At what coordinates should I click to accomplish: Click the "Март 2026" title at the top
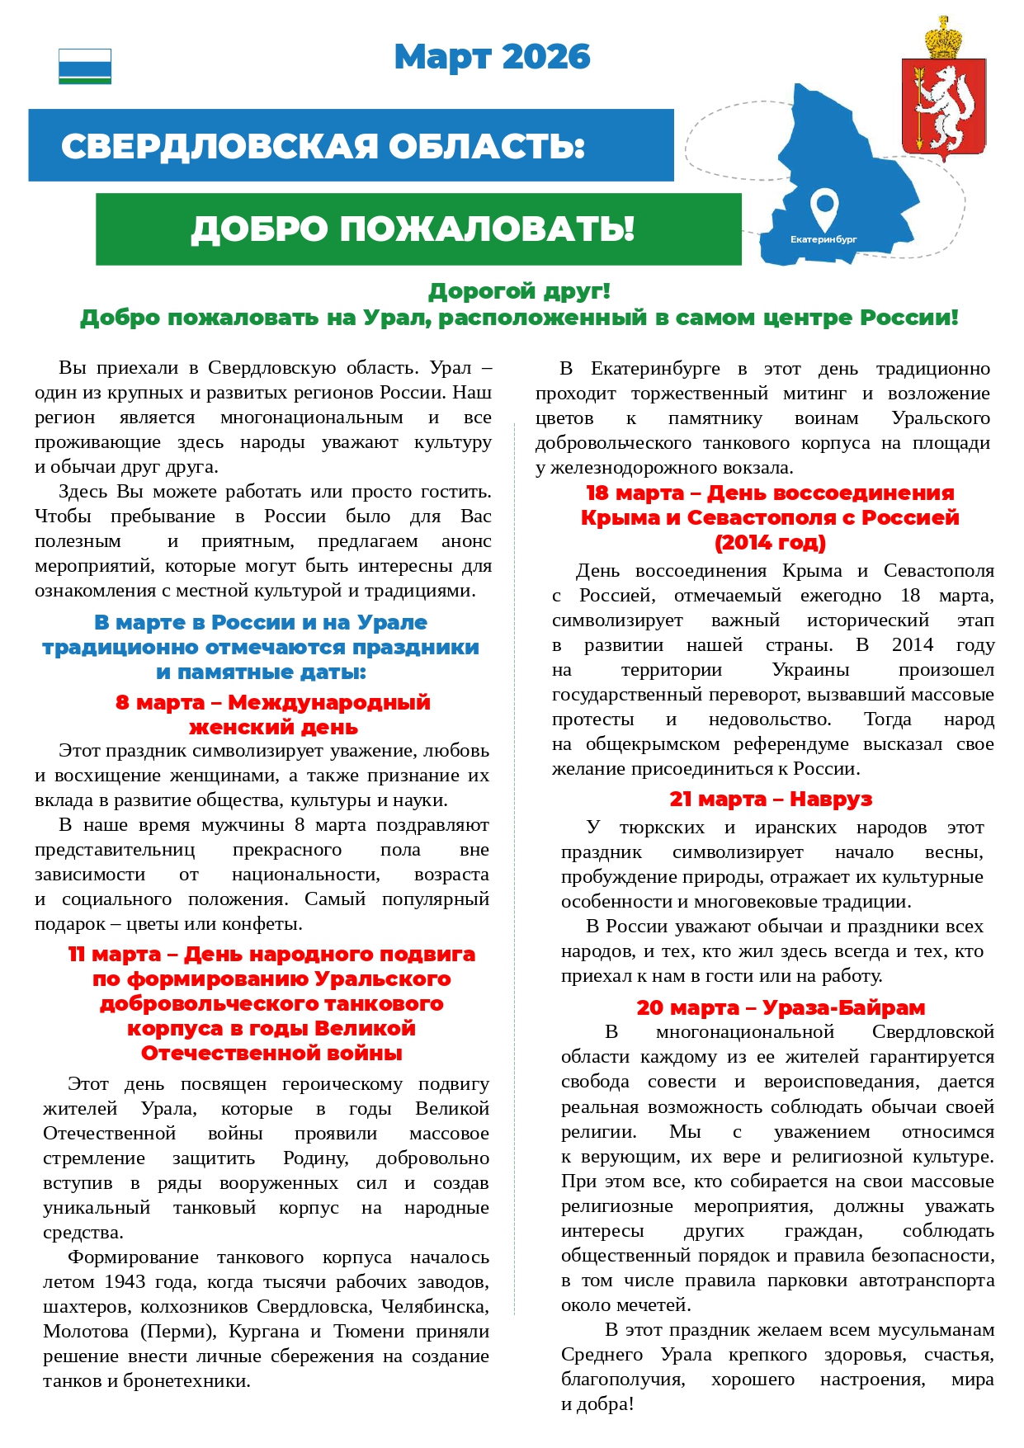(492, 57)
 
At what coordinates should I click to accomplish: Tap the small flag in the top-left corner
(85, 66)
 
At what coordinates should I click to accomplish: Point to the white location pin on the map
(823, 209)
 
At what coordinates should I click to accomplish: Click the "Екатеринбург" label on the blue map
(823, 239)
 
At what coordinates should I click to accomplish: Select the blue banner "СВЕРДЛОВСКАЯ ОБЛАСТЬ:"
(323, 146)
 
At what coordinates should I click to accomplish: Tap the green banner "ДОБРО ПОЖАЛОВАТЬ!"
(413, 229)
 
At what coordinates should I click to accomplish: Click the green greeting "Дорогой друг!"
(519, 291)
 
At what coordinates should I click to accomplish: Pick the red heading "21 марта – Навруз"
(771, 799)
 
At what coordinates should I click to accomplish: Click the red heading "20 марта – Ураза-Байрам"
(781, 1007)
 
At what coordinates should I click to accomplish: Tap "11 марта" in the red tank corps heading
(115, 954)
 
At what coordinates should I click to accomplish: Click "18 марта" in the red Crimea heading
(635, 493)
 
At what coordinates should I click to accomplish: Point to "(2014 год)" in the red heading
(770, 542)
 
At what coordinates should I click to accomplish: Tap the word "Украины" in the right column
(810, 669)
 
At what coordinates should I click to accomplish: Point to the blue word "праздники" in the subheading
(417, 647)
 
